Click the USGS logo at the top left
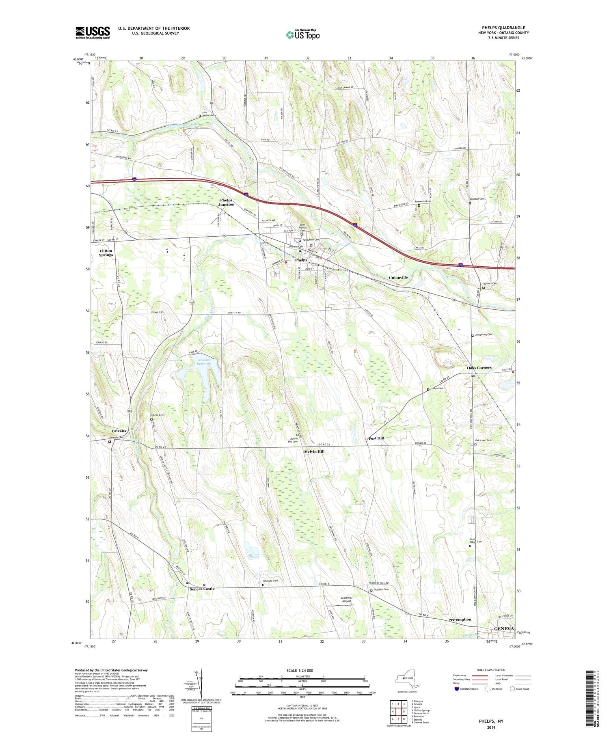point(93,32)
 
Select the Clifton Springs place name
point(106,253)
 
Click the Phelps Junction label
point(226,202)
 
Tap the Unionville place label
point(398,277)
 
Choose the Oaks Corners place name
point(479,367)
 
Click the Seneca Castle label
point(202,588)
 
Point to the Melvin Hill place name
point(314,451)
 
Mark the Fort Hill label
point(376,438)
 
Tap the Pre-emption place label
point(460,619)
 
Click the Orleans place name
point(119,431)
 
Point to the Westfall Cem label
point(477,199)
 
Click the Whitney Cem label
point(271,581)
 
